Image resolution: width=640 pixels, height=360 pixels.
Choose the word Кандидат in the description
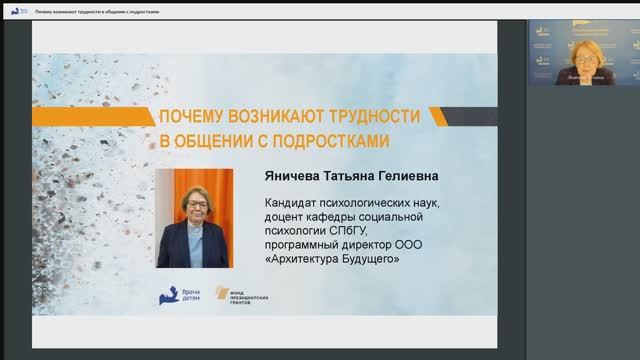[x=289, y=203]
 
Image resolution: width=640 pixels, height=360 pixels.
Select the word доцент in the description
[x=284, y=217]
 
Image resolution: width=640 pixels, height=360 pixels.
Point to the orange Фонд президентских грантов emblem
[x=221, y=295]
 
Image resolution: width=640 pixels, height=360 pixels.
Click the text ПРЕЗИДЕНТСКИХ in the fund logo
[x=250, y=296]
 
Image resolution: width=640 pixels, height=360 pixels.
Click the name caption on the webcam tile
[x=579, y=76]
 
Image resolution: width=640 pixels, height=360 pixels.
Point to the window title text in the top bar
[x=97, y=10]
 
